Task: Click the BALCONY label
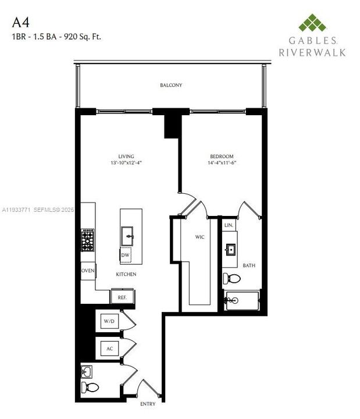[x=171, y=86]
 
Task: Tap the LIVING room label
[x=126, y=157]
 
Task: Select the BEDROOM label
[x=222, y=157]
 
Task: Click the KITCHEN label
[x=126, y=274]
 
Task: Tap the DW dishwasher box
[x=125, y=255]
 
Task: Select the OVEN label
[x=88, y=271]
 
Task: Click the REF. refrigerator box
[x=122, y=297]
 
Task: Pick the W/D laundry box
[x=109, y=321]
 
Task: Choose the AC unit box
[x=109, y=349]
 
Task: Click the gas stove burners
[x=87, y=240]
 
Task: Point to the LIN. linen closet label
[x=229, y=225]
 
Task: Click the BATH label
[x=249, y=266]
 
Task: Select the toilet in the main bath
[x=230, y=278]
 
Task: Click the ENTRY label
[x=148, y=404]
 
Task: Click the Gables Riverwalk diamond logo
[x=312, y=23]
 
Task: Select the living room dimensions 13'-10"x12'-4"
[x=126, y=164]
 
